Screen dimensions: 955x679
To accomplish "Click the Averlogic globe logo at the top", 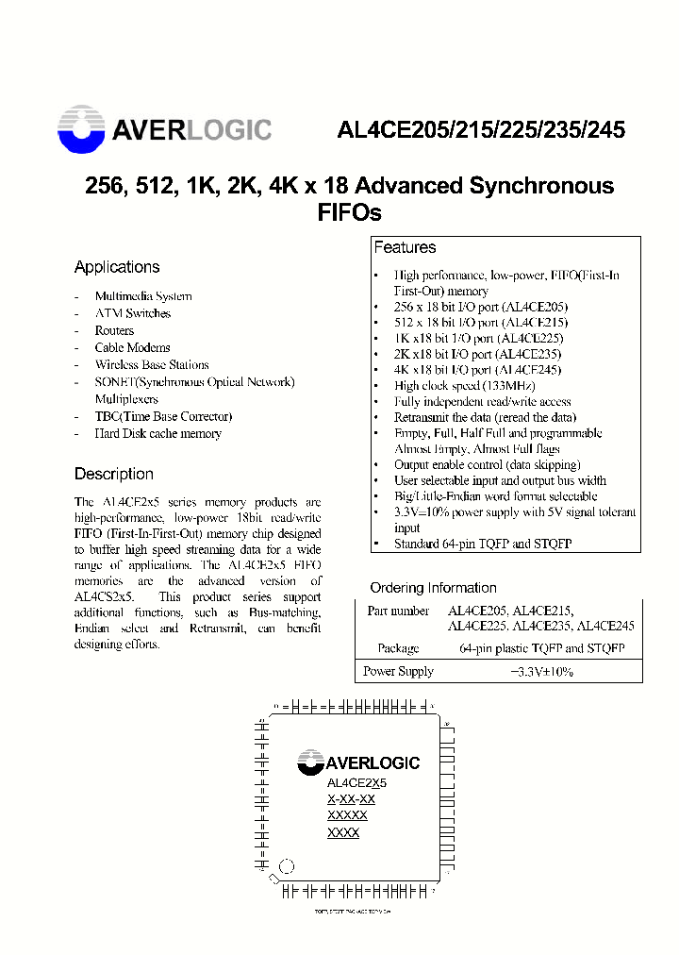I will pos(81,130).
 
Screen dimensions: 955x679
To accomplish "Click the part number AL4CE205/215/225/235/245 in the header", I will pos(481,131).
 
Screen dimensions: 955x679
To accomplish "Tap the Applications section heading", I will pos(117,267).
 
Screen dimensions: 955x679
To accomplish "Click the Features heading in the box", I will pos(405,247).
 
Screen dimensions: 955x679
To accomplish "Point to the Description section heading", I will pos(113,474).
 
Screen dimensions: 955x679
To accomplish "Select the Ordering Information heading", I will pos(433,587).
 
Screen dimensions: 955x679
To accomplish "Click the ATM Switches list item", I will pos(132,313).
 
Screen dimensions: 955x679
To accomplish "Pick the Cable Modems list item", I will pos(132,347).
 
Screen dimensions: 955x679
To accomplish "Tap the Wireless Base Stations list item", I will pos(151,364).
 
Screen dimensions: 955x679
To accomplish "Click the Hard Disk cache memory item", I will pos(157,433).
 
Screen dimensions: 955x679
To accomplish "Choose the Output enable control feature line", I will pos(487,464).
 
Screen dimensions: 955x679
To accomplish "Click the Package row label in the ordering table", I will pos(398,648).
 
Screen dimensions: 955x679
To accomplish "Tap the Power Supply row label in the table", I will pos(398,672).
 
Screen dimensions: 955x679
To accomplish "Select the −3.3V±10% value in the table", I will pos(541,672).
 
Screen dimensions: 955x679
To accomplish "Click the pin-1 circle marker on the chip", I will pos(289,865).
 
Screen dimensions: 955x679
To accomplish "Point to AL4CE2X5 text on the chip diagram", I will pos(356,783).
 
